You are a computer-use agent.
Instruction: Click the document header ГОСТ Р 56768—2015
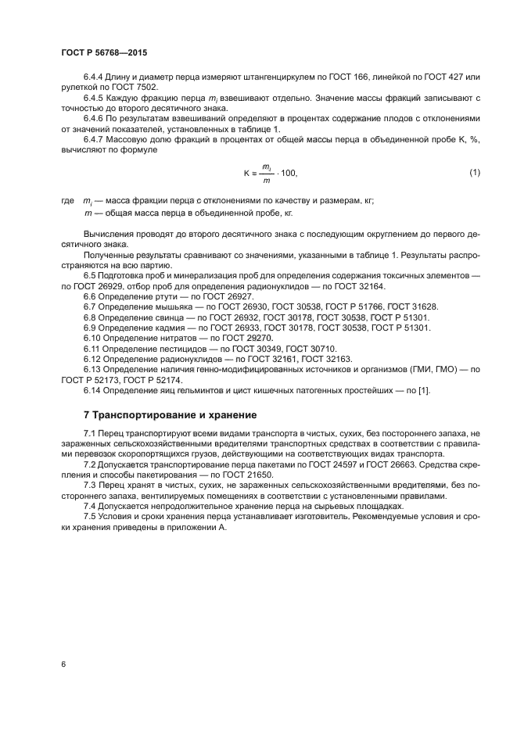tap(104, 53)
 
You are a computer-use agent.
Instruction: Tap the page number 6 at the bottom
tap(63, 665)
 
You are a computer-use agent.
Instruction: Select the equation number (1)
tap(474, 172)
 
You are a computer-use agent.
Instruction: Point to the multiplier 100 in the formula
tap(288, 173)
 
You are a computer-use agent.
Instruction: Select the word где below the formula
tap(66, 200)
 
